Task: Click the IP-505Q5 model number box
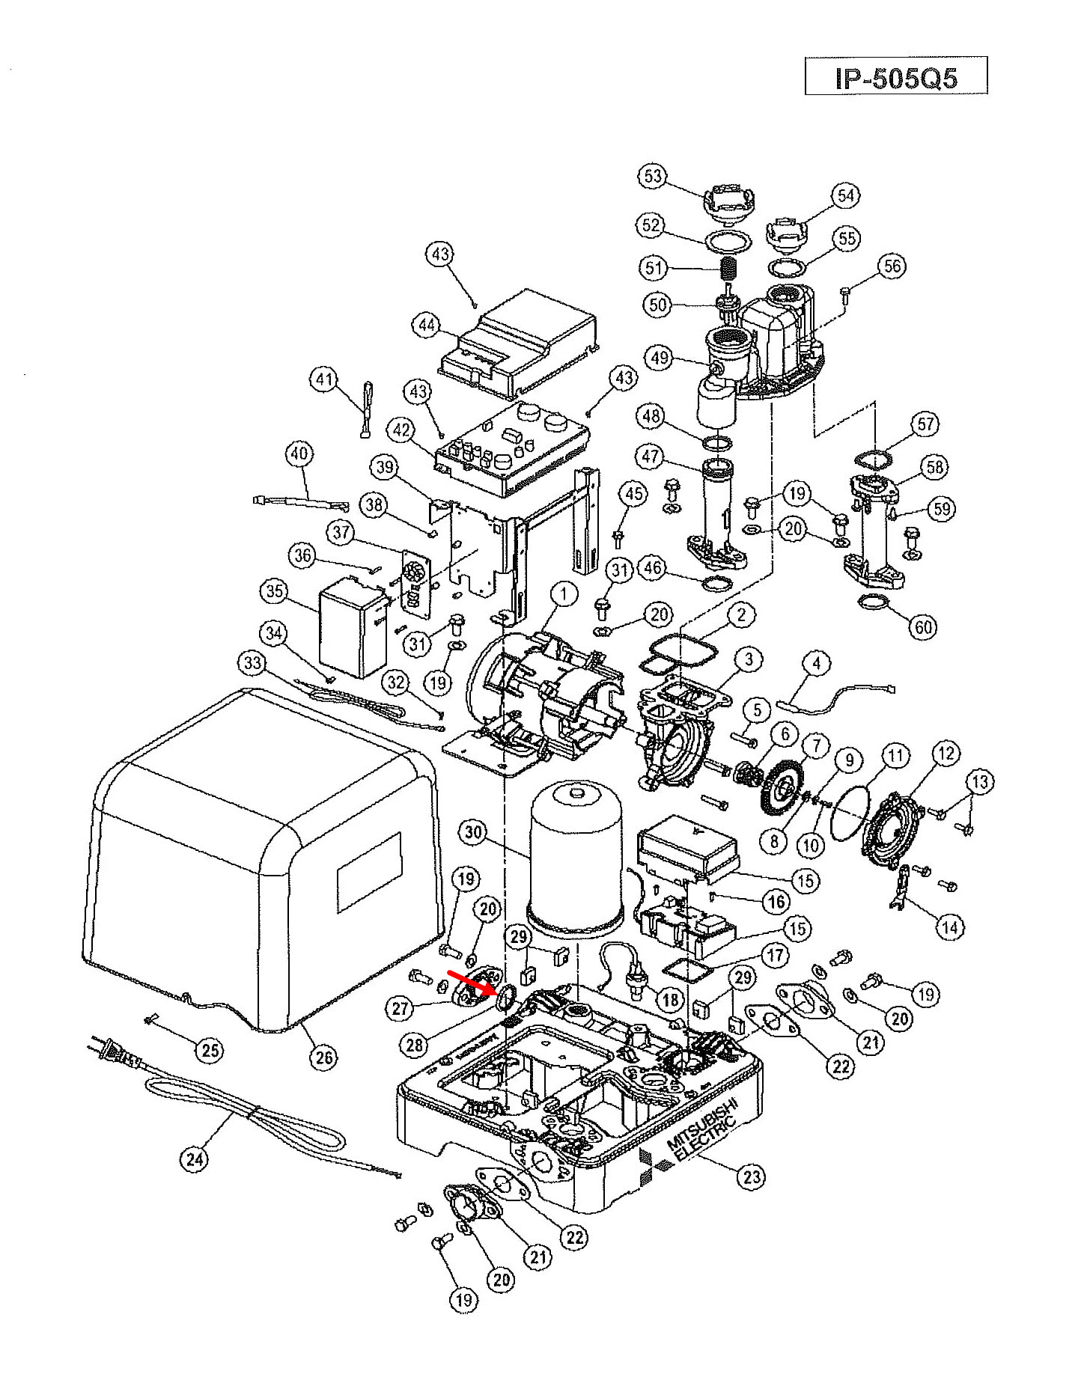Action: pos(896,76)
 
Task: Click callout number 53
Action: pos(653,176)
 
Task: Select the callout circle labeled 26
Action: pos(324,1057)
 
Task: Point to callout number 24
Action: pos(195,1159)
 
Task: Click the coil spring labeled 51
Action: pos(728,266)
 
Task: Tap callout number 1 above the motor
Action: pos(564,596)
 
